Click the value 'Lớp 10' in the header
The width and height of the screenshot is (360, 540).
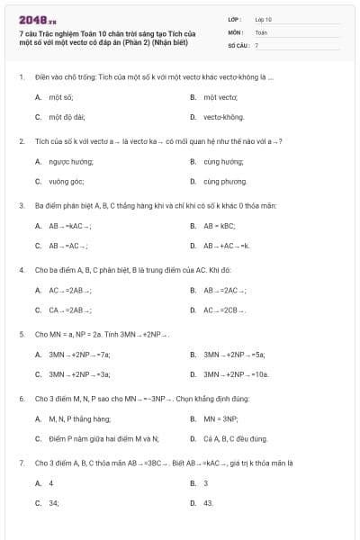point(263,19)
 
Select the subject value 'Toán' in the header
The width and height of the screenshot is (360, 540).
point(261,31)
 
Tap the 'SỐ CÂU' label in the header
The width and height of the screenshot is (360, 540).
point(237,44)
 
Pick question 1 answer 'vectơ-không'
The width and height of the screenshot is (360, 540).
point(223,117)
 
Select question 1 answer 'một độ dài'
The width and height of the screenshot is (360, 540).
point(67,117)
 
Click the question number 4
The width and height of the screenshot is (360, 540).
point(21,269)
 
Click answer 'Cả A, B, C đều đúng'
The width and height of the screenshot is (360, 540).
point(236,439)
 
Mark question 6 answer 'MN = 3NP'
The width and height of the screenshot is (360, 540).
point(220,418)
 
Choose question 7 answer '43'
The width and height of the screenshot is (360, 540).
point(208,503)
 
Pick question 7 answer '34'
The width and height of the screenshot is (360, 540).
point(54,503)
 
